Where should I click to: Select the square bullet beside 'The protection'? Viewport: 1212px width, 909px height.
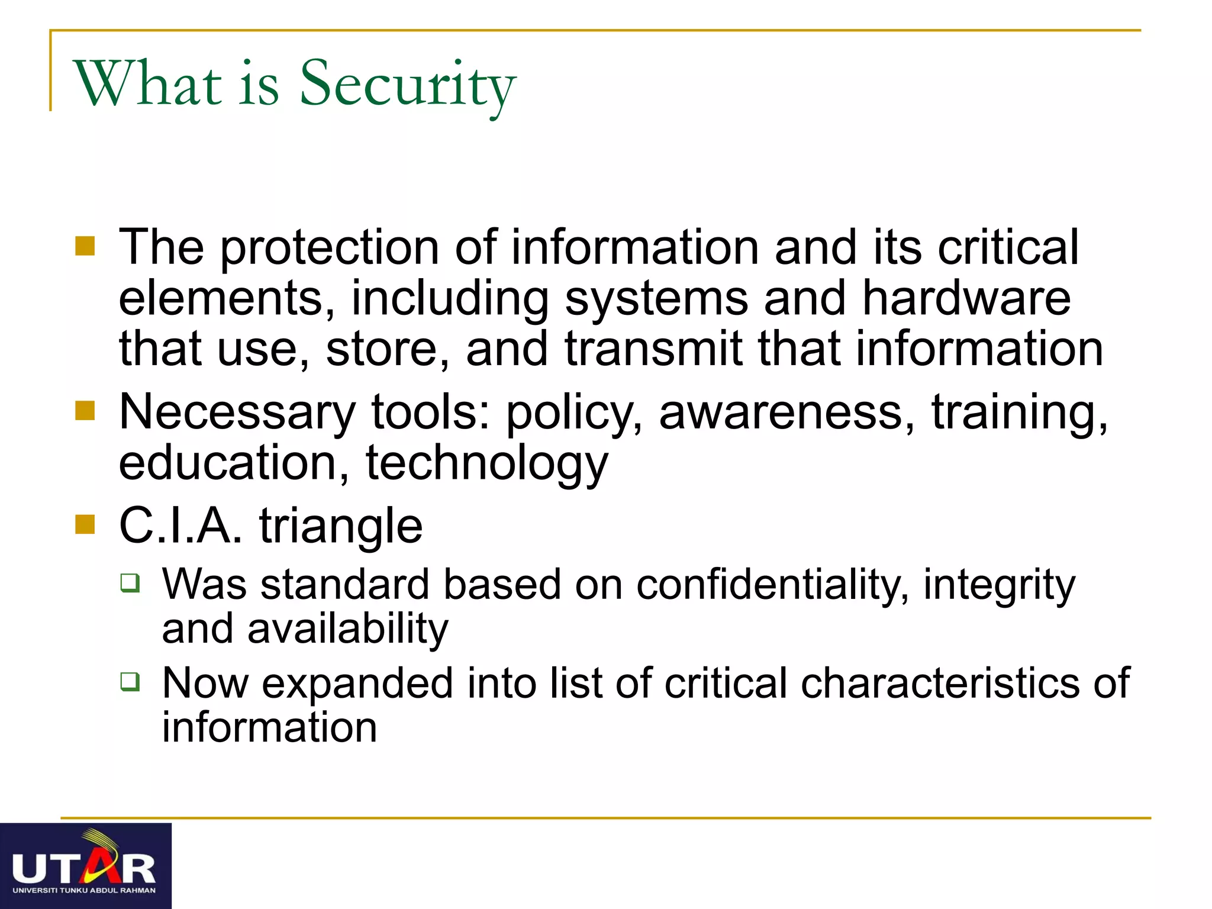point(85,246)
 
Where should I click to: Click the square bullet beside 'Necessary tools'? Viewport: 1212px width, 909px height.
point(85,410)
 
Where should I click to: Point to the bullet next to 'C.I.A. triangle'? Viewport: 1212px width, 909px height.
point(85,524)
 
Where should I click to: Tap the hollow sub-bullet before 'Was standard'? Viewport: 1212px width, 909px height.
point(130,583)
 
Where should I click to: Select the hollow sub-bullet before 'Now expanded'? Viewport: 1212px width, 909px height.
point(130,681)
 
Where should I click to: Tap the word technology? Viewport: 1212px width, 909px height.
point(486,463)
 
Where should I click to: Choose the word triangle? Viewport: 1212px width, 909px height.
point(341,526)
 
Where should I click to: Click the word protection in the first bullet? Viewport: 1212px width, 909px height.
point(330,247)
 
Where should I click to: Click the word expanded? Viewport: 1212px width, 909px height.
point(357,684)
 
